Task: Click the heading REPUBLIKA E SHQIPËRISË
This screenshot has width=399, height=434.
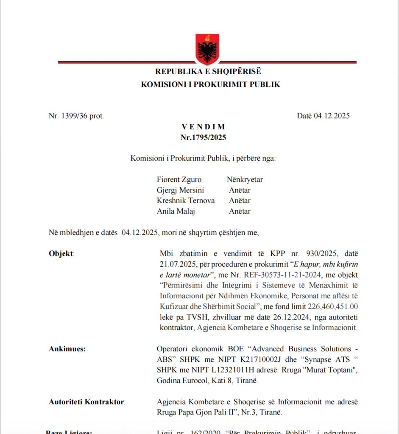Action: tap(208, 71)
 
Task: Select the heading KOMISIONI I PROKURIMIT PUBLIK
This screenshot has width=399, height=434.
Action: tap(211, 84)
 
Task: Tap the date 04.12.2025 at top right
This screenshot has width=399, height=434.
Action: tap(332, 116)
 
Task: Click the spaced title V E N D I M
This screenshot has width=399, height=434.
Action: tap(204, 127)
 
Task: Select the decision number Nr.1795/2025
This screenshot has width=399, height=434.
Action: tap(204, 137)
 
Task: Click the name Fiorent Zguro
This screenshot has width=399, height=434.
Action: tap(179, 179)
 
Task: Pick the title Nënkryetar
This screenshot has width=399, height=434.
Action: tap(245, 179)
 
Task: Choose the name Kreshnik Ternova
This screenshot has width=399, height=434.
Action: tap(186, 200)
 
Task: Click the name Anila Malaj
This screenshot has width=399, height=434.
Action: tap(176, 211)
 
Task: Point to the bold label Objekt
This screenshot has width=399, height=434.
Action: tap(61, 253)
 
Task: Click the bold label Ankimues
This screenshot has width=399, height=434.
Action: tap(67, 349)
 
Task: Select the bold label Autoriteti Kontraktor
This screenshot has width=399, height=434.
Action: tap(87, 401)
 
